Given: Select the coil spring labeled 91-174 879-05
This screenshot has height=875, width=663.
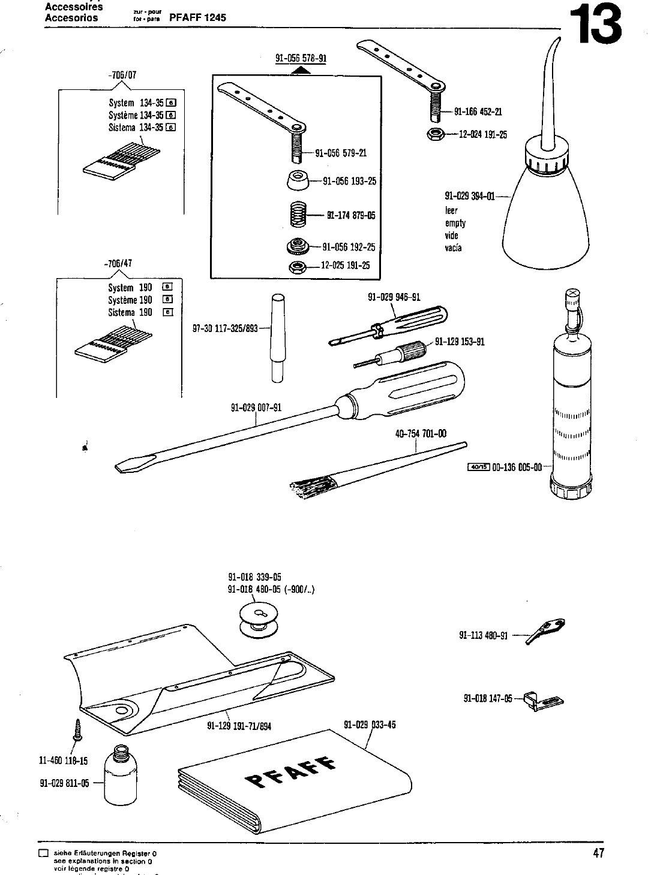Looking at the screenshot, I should point(298,215).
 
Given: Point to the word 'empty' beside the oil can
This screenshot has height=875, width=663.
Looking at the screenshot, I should point(455,223).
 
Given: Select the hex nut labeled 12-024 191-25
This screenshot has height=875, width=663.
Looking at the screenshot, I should point(435,134).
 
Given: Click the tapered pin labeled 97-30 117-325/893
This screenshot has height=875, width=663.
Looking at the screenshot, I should point(277,337).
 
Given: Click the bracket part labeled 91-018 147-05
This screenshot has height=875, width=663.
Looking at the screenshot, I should point(543,700).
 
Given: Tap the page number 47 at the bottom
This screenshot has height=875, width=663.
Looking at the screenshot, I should point(598,853).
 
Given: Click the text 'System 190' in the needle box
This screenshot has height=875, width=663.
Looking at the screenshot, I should point(130,288).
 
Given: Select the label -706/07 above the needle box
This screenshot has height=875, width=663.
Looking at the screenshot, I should point(123,76).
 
